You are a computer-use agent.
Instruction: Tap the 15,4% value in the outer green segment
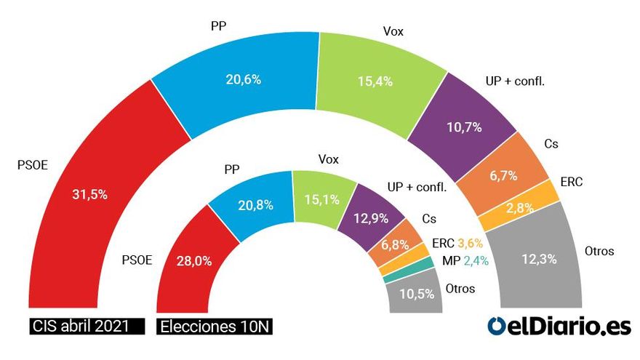pyautogui.click(x=377, y=81)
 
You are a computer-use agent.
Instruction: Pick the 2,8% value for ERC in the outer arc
pyautogui.click(x=520, y=207)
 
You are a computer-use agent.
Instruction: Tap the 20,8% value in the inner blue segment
pyautogui.click(x=255, y=205)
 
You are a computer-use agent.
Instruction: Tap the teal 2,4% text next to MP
pyautogui.click(x=475, y=261)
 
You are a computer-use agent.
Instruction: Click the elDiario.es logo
pyautogui.click(x=559, y=327)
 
